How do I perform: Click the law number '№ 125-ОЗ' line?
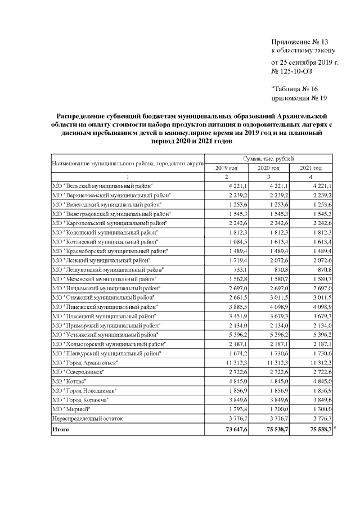291,71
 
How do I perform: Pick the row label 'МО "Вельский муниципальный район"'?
102,186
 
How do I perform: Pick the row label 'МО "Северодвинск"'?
78,372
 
